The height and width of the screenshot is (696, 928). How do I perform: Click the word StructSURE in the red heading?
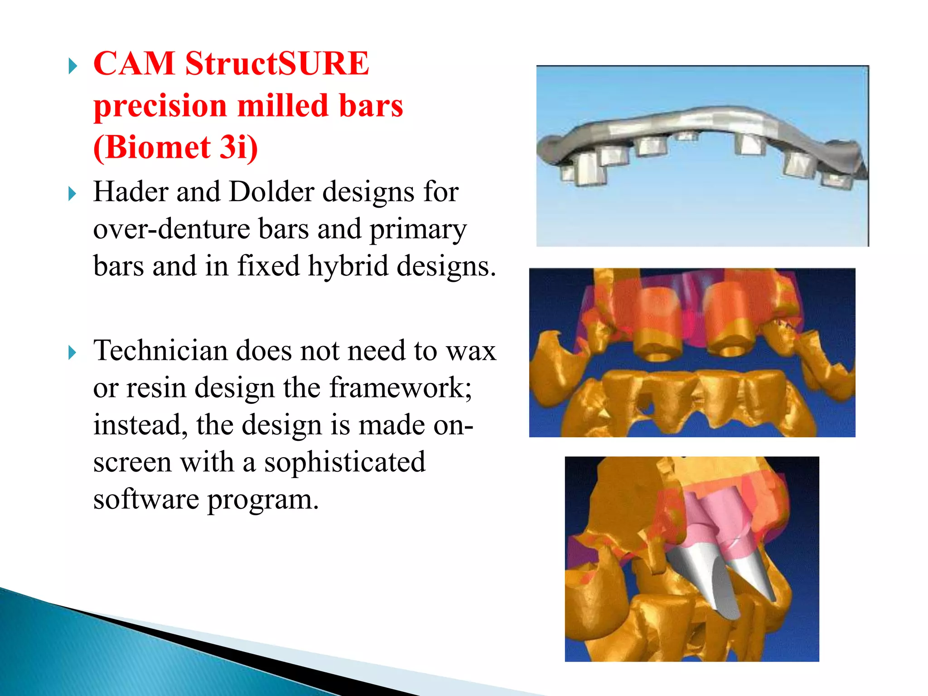tap(277, 63)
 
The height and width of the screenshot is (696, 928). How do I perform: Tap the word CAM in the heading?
tap(134, 63)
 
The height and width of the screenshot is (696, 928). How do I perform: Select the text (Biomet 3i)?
tap(176, 147)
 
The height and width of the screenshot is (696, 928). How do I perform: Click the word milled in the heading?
tap(283, 106)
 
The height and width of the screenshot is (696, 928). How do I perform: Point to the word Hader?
tap(131, 192)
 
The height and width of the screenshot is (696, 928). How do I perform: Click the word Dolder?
tap(271, 192)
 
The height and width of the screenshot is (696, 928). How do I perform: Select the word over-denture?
tap(171, 229)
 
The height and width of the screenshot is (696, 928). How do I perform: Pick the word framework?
tap(401, 388)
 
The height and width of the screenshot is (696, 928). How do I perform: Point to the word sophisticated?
tap(344, 462)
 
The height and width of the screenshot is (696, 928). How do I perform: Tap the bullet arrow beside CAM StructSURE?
tap(72, 67)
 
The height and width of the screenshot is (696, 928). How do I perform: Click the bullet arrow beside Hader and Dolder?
tap(72, 194)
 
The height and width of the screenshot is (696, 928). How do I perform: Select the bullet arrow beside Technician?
tap(72, 353)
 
